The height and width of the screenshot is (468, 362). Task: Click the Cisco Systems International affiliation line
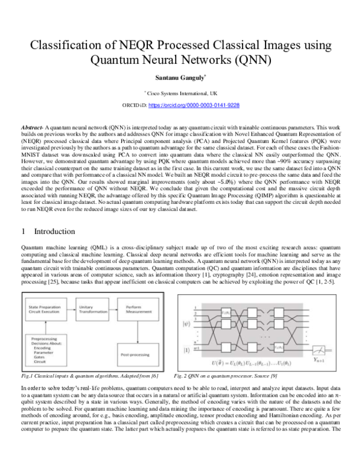(181, 94)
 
